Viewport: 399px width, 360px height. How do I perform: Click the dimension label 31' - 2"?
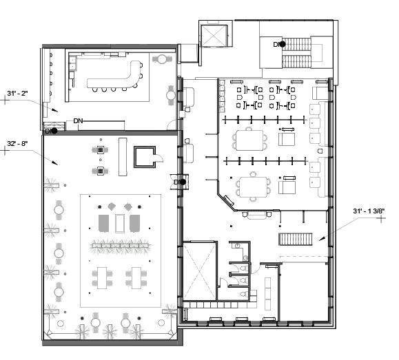click(x=17, y=94)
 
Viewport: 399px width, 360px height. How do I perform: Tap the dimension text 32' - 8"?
click(x=17, y=144)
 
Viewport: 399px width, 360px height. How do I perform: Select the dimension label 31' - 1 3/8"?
click(x=369, y=211)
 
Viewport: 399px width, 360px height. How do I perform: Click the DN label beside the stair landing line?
click(x=78, y=121)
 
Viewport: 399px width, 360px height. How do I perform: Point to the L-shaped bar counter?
click(x=115, y=76)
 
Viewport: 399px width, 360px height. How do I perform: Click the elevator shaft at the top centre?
click(x=214, y=36)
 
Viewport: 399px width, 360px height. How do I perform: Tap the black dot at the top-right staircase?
click(x=283, y=45)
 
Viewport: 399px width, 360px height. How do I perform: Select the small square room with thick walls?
click(x=145, y=157)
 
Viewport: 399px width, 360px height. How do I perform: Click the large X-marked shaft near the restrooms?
click(x=200, y=271)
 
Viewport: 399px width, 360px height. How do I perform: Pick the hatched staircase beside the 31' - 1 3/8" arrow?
click(x=296, y=240)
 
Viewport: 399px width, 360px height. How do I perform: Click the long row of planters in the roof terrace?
click(x=120, y=246)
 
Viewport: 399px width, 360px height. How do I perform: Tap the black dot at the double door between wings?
click(x=183, y=182)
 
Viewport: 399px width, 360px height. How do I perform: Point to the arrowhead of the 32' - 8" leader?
click(x=54, y=162)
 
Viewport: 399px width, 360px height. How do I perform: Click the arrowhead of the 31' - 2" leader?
click(x=54, y=109)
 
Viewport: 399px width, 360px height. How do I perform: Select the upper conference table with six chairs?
click(x=249, y=140)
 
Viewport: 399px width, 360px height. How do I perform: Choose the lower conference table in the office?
click(x=253, y=187)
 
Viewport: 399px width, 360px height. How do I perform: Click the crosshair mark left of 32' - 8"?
click(x=6, y=151)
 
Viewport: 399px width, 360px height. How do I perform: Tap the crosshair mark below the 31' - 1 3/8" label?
click(x=381, y=218)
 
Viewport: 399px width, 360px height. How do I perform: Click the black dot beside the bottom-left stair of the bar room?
click(x=54, y=131)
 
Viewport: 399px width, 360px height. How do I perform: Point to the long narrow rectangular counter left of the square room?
click(x=123, y=157)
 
